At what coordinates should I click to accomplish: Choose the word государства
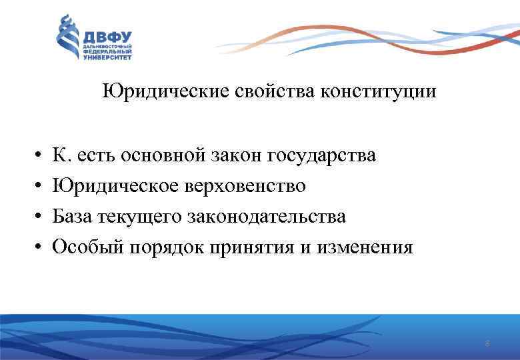[x=321, y=156]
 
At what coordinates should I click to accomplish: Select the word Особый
[x=86, y=248]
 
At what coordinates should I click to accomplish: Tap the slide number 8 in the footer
[x=487, y=344]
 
